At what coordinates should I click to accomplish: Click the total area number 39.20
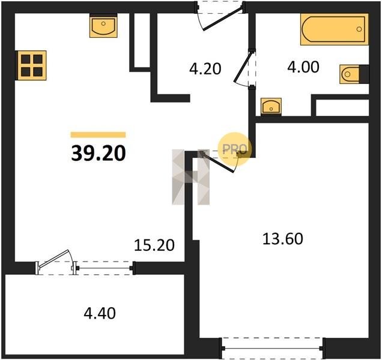tap(99, 154)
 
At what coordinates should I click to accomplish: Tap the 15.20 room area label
tap(154, 245)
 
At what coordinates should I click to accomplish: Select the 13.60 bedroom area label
tap(283, 239)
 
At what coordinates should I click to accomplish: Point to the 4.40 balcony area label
tap(100, 313)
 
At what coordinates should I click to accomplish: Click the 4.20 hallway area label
tap(205, 68)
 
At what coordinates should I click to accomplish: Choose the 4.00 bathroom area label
tap(303, 67)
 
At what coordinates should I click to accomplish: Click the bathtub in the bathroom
tap(334, 29)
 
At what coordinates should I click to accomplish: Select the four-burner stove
tap(31, 65)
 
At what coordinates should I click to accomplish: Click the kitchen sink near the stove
tap(103, 25)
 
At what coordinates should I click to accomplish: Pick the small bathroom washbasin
tap(271, 106)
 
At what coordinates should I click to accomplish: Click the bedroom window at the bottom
tap(272, 349)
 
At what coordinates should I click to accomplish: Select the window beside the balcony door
tap(104, 268)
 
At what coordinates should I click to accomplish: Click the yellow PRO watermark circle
tap(234, 149)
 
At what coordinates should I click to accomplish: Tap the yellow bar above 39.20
tap(98, 135)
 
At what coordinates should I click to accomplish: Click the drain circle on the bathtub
tap(359, 29)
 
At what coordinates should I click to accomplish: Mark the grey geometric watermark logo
tap(191, 177)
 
